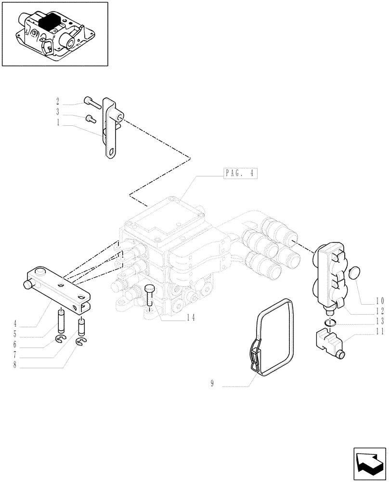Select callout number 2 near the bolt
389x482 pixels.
coord(58,101)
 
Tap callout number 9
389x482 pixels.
coord(212,384)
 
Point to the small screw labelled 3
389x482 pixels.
coord(89,119)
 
